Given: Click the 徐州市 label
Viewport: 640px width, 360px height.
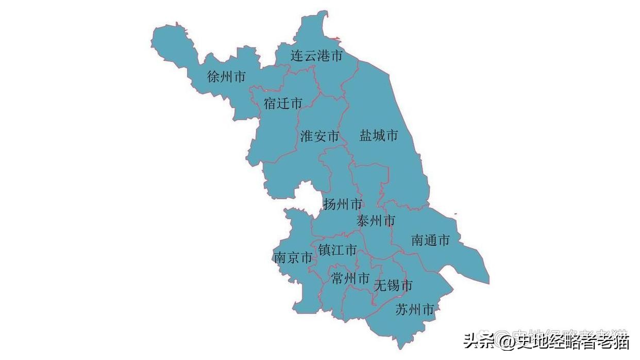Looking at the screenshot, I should tap(226, 77).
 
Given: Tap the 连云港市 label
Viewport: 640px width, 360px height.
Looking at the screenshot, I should tap(316, 56).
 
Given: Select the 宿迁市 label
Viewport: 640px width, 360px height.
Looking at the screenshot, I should tap(283, 104).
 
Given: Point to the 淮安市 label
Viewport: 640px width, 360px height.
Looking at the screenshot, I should tap(319, 136).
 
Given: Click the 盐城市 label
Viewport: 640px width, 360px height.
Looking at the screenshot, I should tap(379, 136).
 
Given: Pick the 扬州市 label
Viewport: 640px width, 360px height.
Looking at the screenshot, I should tap(343, 204).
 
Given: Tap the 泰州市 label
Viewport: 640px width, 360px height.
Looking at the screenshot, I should tap(376, 221).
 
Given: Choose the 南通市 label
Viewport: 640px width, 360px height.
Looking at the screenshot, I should tap(430, 240).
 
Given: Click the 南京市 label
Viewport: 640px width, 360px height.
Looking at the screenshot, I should tap(293, 258).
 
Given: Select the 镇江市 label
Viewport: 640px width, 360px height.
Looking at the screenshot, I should tap(337, 250).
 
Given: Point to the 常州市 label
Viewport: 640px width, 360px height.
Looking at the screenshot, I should tap(350, 279).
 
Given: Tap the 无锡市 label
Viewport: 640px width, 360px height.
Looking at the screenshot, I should tap(393, 285).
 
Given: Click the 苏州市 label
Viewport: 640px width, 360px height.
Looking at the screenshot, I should tap(415, 310).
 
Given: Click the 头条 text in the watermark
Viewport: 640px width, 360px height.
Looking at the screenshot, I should tap(477, 340).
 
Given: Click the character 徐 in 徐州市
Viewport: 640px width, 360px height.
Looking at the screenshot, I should tap(213, 77).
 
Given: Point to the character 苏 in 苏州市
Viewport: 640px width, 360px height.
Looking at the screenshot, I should tap(402, 310).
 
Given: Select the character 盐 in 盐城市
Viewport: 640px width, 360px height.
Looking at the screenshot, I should tap(366, 136).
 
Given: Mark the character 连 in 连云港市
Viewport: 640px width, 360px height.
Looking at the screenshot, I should tap(297, 56).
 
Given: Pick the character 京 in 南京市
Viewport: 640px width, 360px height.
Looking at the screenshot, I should tap(293, 258).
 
